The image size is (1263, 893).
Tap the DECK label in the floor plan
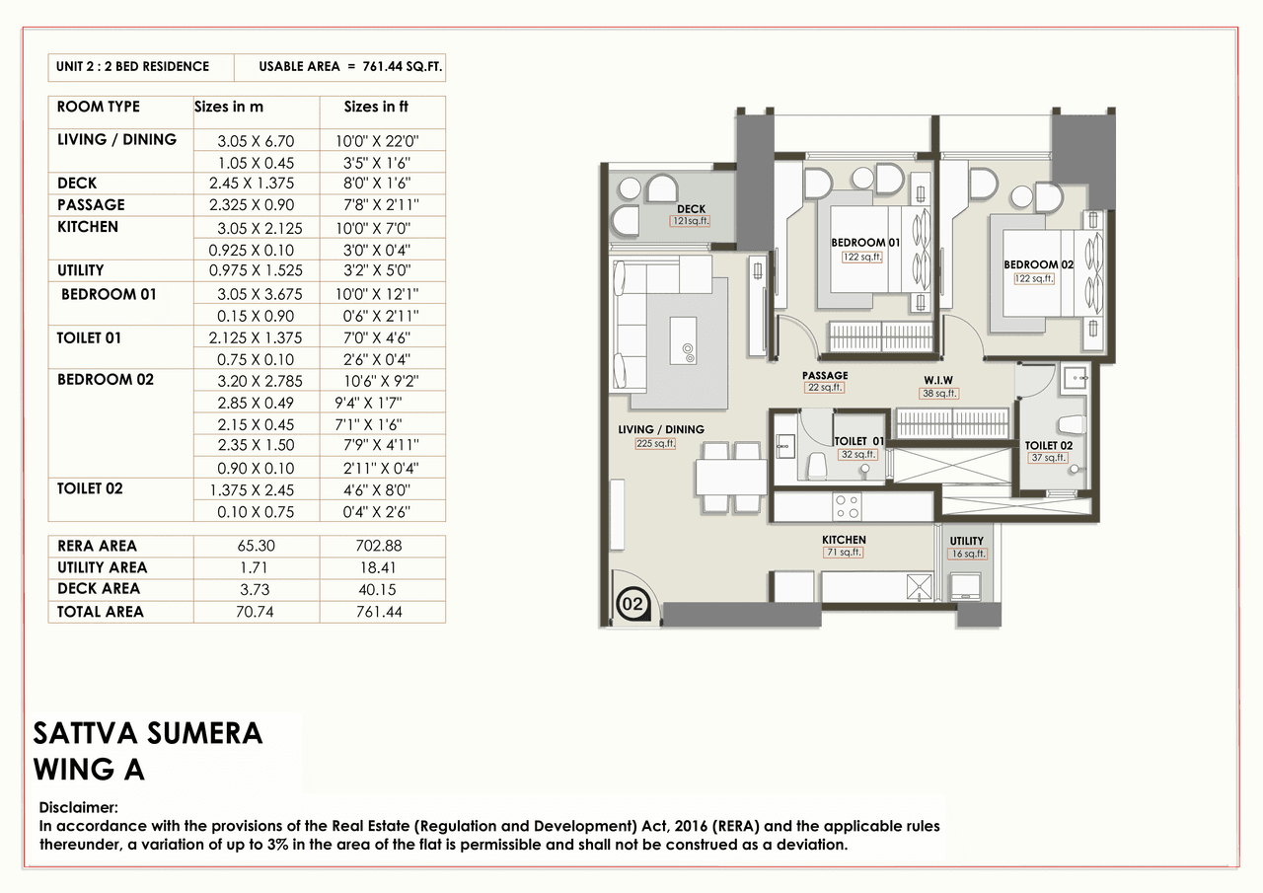(691, 209)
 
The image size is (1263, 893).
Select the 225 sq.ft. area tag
(655, 444)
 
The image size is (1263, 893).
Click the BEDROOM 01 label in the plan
(864, 243)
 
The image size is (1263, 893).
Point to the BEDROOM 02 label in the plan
(1038, 264)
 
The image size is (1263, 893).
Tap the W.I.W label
(937, 379)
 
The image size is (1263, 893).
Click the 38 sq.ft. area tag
(937, 393)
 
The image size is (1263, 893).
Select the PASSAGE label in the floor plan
(825, 376)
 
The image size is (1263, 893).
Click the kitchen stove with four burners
(847, 506)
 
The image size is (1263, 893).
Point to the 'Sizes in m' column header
(228, 107)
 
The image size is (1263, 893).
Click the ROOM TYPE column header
(99, 107)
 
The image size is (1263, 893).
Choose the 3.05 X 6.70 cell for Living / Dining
(256, 141)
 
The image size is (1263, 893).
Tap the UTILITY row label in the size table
(80, 270)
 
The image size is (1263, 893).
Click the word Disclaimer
(78, 807)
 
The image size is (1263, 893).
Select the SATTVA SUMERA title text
(148, 733)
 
